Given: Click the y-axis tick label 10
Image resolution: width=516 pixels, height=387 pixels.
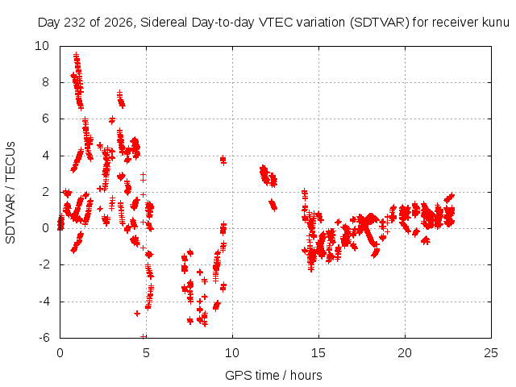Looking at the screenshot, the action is tap(42, 46).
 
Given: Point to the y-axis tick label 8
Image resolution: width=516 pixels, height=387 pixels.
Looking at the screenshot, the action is tap(45, 82).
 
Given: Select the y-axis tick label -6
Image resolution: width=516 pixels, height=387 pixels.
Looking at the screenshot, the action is tap(44, 337).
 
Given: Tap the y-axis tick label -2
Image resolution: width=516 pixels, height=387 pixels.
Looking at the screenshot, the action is tap(44, 264).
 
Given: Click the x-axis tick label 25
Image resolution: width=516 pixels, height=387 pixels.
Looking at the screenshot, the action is tap(491, 353).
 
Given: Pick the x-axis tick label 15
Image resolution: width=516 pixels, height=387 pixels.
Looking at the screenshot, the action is tap(318, 353).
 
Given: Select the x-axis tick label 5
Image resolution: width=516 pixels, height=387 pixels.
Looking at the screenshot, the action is tap(146, 353).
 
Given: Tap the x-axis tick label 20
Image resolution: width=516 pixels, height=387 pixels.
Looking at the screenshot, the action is tap(405, 353).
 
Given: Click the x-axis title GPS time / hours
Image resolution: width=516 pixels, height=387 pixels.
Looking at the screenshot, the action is tap(273, 375).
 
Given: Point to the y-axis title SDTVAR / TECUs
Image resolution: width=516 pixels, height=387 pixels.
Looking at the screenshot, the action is tap(10, 193).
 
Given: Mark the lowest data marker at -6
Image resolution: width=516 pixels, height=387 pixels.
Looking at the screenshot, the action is tap(144, 336).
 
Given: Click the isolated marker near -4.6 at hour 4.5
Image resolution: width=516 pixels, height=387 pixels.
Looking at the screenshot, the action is tap(137, 314).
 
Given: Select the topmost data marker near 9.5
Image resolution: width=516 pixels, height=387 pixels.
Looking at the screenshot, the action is tap(77, 55).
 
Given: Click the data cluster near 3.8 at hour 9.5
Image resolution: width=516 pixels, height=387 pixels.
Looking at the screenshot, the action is tap(223, 160).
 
